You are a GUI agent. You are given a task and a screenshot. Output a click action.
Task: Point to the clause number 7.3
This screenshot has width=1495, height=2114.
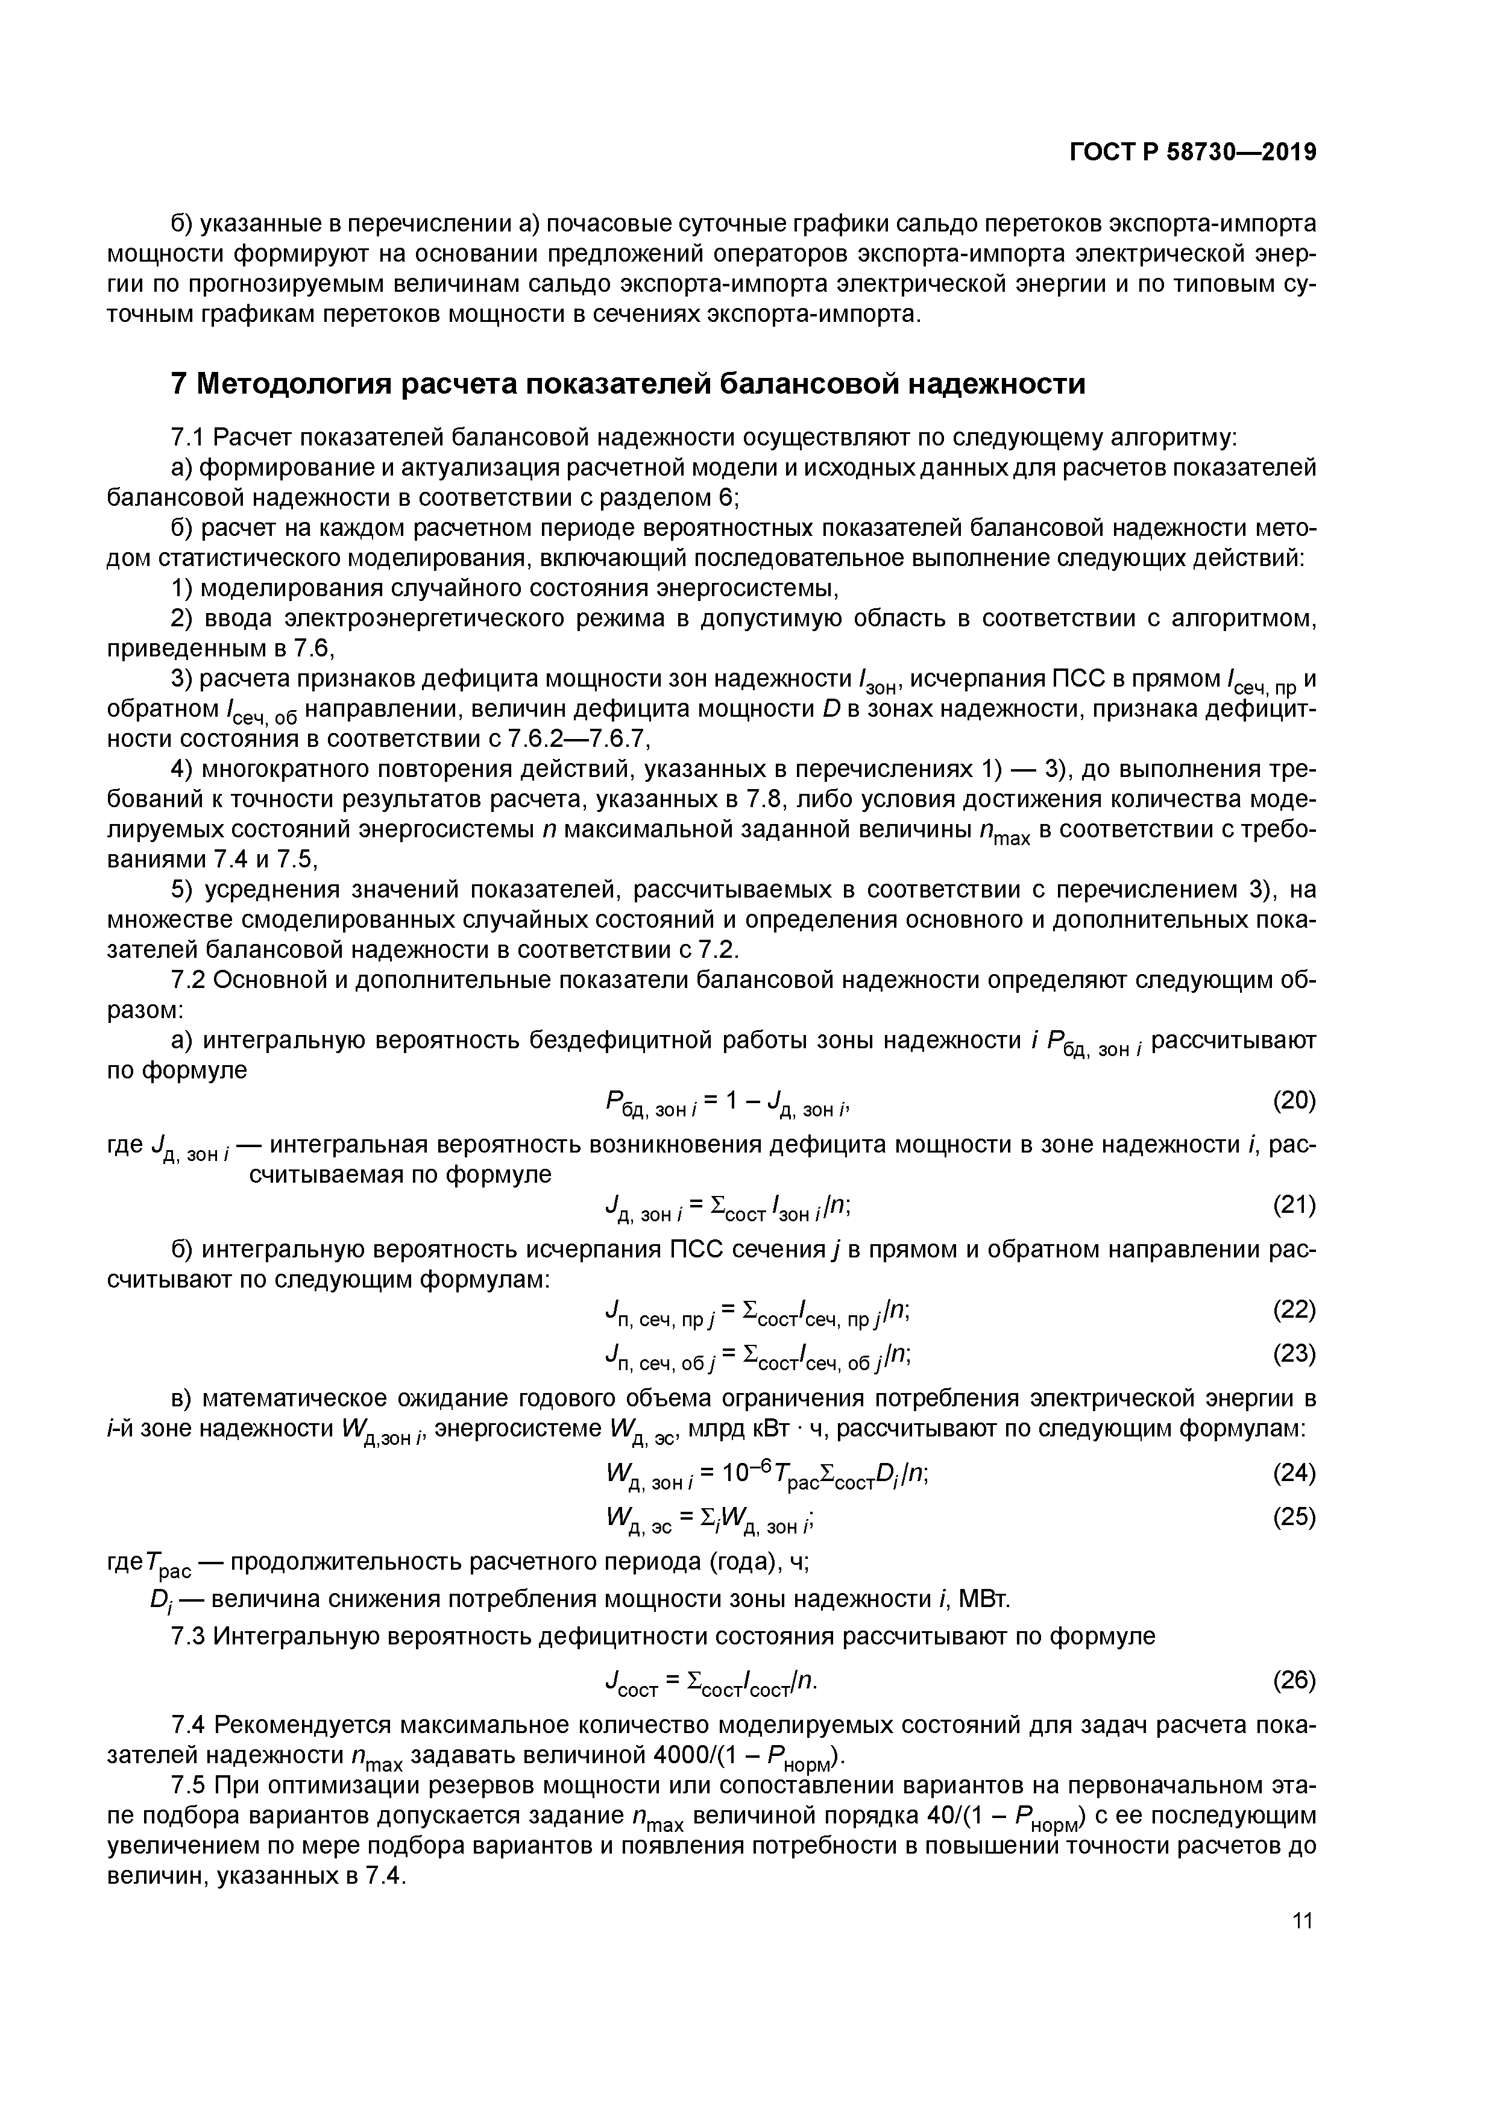click(x=190, y=1636)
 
